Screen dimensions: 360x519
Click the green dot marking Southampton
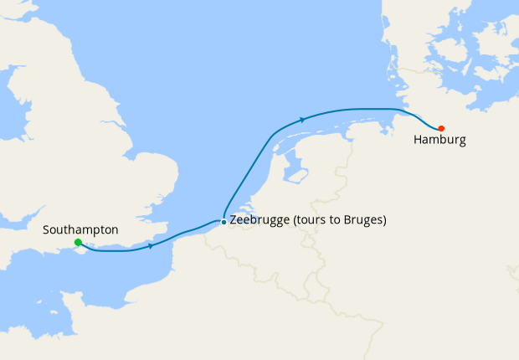[x=78, y=243]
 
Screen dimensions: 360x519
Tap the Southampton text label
[x=80, y=229]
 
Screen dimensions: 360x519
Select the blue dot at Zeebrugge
[x=223, y=222]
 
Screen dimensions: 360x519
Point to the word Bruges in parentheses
[x=362, y=221]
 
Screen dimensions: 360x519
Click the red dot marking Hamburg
[x=441, y=128]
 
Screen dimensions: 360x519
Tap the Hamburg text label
[x=439, y=140]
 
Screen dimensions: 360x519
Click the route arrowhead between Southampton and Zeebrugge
[x=151, y=245]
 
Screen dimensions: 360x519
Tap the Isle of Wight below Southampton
[x=83, y=254]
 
